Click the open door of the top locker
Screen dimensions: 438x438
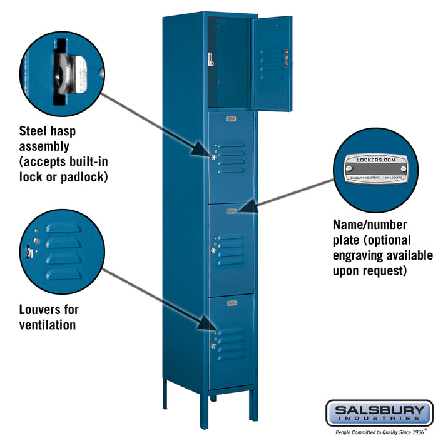[272, 63]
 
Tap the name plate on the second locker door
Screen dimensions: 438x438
[231, 119]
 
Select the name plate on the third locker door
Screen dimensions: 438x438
[231, 211]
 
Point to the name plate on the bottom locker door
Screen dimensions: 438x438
[231, 303]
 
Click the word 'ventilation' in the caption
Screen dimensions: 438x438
[47, 325]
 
